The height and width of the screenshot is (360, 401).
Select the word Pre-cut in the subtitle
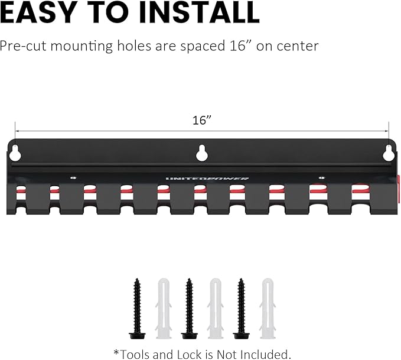[x=23, y=46]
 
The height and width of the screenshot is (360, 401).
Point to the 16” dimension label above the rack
[x=202, y=120]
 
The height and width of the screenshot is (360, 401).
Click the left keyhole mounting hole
[x=15, y=153]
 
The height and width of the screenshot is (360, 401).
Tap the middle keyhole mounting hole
[x=202, y=153]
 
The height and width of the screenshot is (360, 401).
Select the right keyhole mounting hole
[x=389, y=153]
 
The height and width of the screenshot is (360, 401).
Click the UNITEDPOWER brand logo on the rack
[x=207, y=178]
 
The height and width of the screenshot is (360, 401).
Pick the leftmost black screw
[x=137, y=309]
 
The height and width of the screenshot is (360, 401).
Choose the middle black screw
[x=189, y=309]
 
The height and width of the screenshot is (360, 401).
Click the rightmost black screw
[x=242, y=309]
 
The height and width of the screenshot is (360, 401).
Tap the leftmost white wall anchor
[x=163, y=309]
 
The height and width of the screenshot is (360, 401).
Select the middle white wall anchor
[x=216, y=309]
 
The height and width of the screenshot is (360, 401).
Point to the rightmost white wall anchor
[x=268, y=309]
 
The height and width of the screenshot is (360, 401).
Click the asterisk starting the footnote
[x=116, y=353]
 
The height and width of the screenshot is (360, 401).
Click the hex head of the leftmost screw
[x=137, y=335]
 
